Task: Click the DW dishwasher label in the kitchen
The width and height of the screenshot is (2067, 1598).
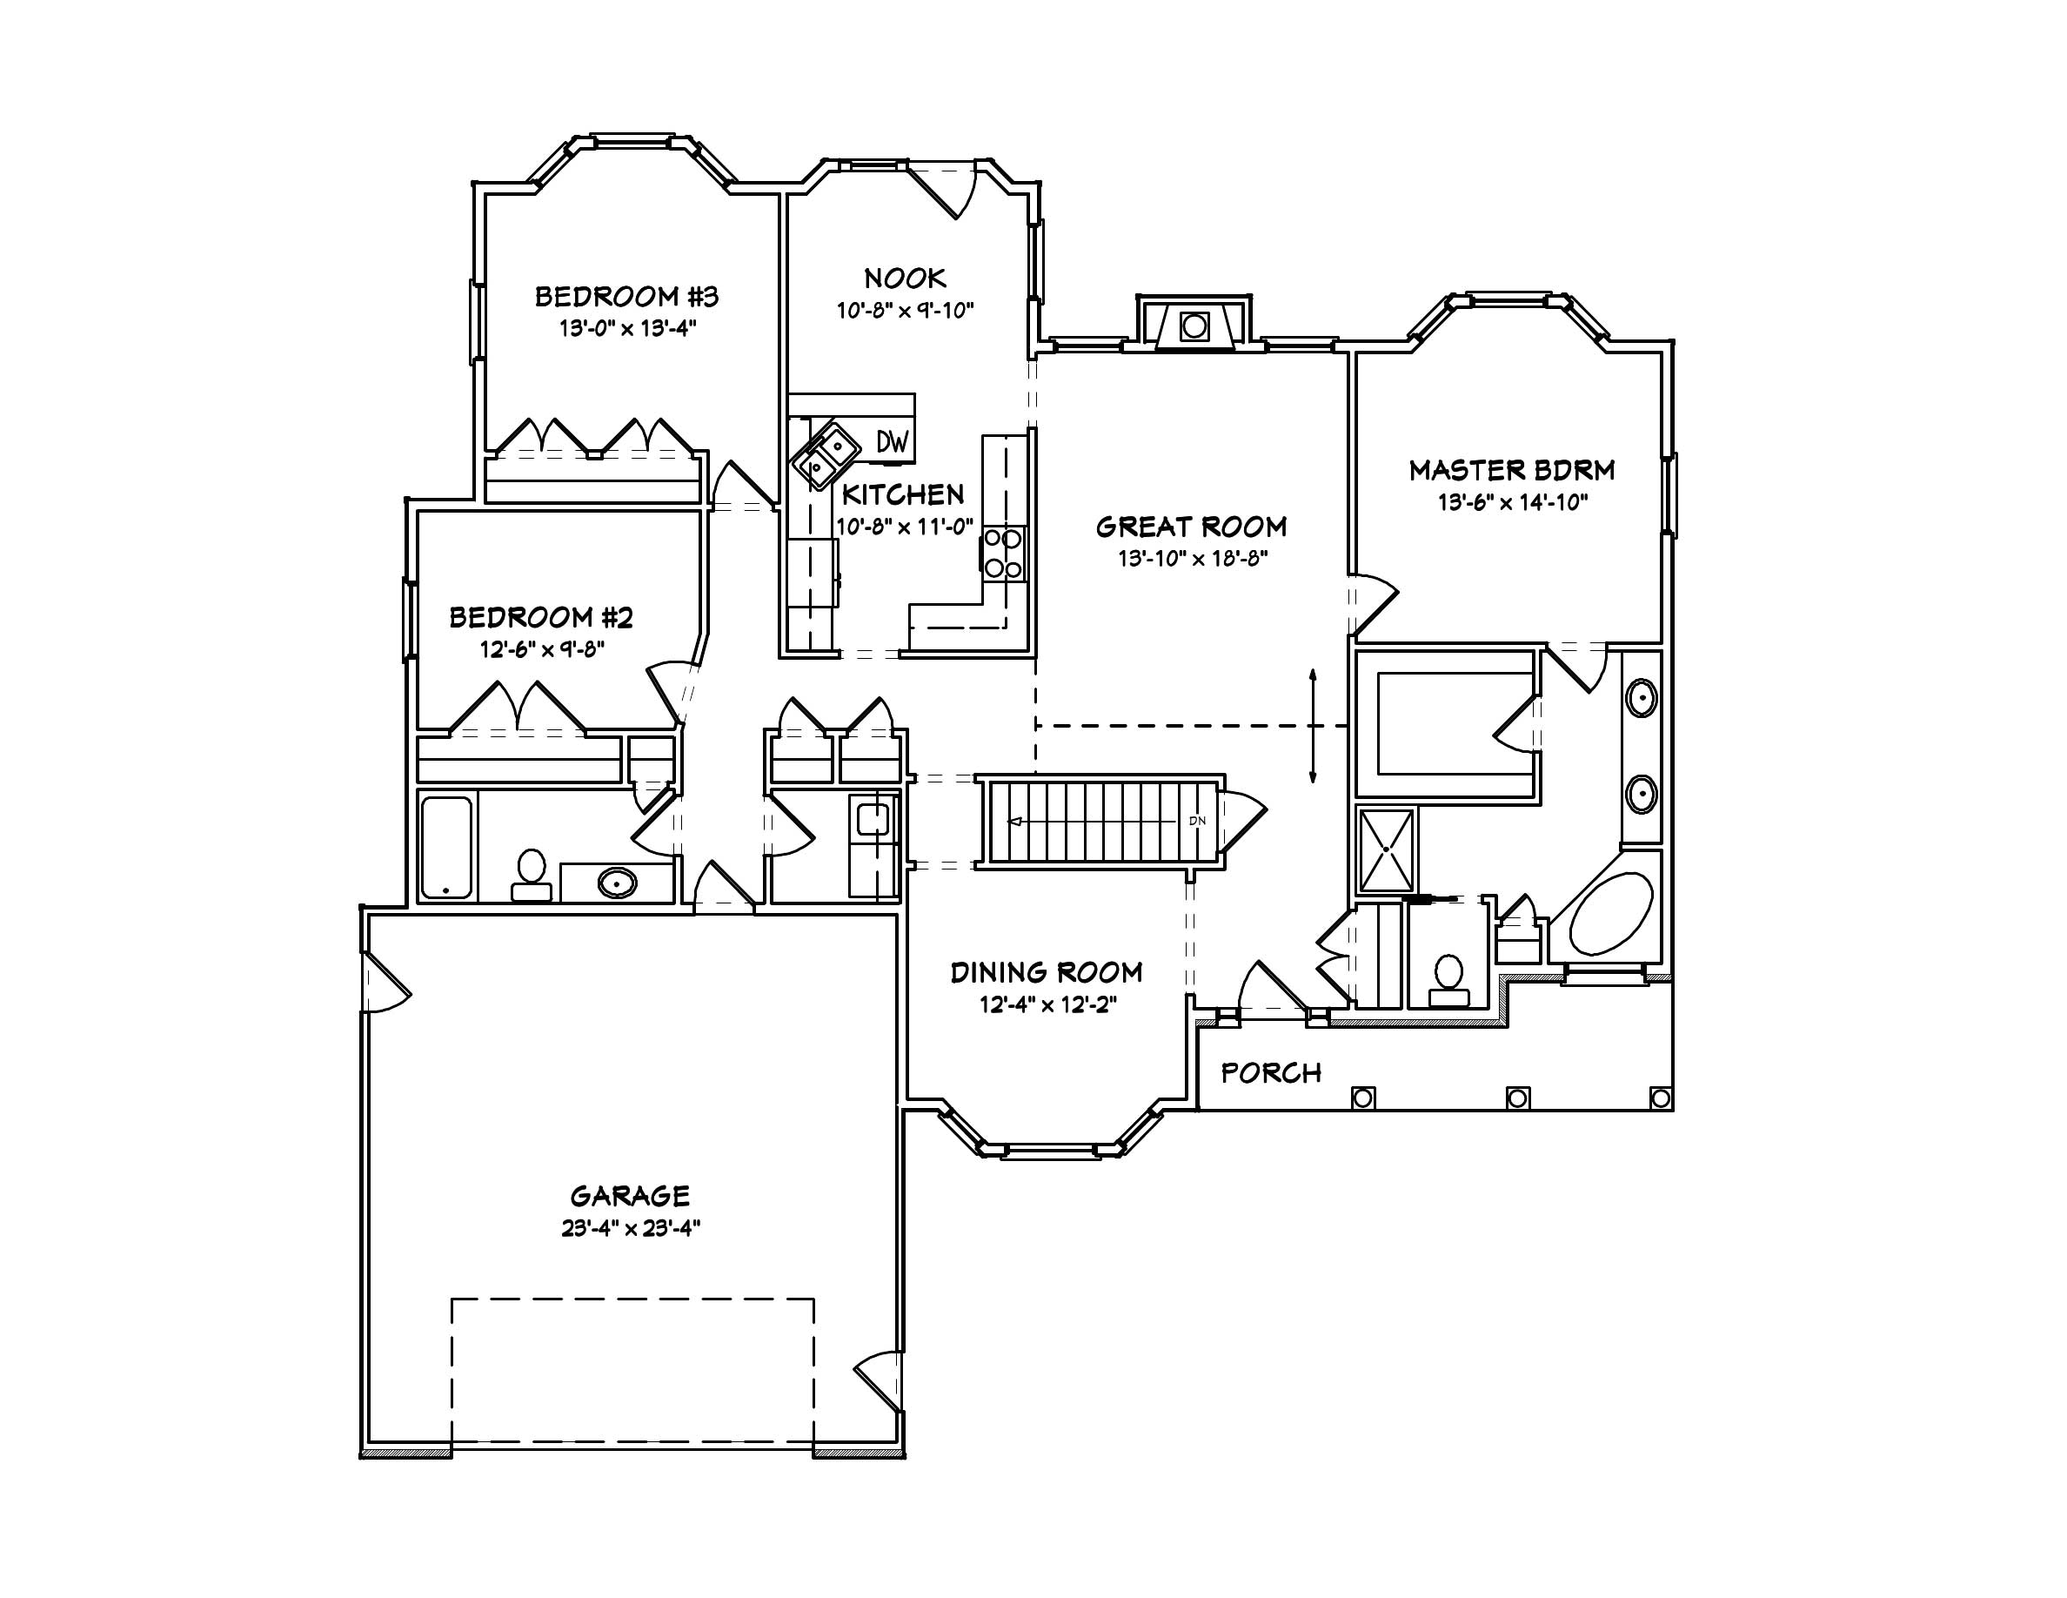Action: coord(892,441)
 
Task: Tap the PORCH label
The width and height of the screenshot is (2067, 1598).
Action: coord(1270,1072)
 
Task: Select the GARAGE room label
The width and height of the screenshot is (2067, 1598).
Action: coord(629,1196)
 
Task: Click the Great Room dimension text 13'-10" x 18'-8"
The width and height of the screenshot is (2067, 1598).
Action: coord(1192,559)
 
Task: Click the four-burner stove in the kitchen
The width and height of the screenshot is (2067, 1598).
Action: coord(1003,554)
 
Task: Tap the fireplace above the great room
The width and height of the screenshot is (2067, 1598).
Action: coord(1194,326)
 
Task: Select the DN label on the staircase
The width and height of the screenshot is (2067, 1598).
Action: coord(1197,821)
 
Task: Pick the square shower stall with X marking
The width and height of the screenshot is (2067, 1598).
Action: coord(1387,850)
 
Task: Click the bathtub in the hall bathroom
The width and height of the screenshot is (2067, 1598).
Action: coord(446,847)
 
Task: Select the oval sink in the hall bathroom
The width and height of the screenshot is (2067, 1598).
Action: coord(616,883)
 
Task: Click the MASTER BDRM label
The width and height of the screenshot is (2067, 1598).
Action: coord(1511,471)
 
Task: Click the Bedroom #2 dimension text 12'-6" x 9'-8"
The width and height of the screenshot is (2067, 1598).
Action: coord(542,649)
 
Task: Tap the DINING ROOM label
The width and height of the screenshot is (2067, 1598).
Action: coord(1046,972)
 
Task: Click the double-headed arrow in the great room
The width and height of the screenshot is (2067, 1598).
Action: coord(1313,726)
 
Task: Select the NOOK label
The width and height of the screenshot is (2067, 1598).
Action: coord(905,279)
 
